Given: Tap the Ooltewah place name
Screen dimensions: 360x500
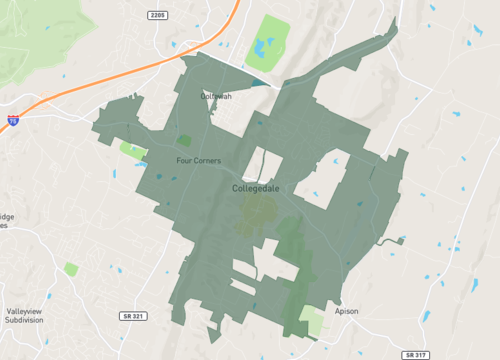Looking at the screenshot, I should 216,96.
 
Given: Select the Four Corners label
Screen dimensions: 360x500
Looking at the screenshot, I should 198,160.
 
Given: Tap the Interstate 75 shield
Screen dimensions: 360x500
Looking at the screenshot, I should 13,119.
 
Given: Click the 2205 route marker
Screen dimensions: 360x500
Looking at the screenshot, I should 157,15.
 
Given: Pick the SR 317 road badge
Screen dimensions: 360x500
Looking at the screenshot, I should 416,355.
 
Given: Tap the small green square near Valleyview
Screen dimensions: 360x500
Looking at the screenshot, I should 71,270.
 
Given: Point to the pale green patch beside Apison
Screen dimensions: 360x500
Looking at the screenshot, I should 314,321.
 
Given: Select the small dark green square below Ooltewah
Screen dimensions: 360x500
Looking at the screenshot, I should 184,141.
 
